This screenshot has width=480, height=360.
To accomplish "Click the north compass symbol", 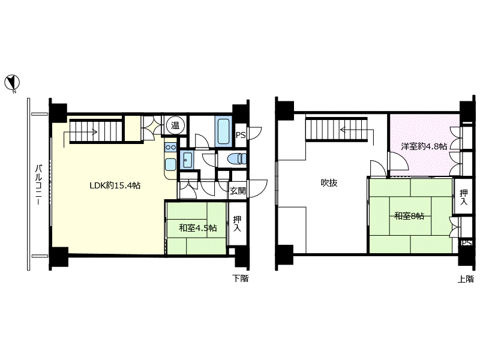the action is click(x=12, y=83).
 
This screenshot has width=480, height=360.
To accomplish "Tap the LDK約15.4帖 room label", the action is click(x=115, y=185).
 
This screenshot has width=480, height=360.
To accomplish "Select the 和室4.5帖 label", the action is click(x=198, y=228).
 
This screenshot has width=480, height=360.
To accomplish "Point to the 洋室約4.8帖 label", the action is click(x=424, y=146).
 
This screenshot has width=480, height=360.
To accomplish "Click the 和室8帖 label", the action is click(x=409, y=216).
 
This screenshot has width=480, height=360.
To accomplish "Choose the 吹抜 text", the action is click(x=329, y=183).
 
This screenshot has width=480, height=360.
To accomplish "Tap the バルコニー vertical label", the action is click(x=38, y=184).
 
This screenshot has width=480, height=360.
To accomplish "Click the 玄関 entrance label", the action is click(x=238, y=191).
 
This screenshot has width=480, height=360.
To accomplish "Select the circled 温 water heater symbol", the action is click(x=175, y=125).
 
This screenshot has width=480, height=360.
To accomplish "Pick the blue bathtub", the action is click(x=223, y=131).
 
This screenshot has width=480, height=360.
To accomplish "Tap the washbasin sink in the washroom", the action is click(x=187, y=160).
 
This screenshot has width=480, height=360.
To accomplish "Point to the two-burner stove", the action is click(x=170, y=147).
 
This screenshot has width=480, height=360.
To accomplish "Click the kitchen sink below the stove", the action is click(x=170, y=164).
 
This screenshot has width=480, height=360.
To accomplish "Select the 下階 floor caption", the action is click(x=241, y=278).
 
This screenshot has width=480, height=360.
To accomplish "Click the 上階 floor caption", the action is click(x=466, y=279).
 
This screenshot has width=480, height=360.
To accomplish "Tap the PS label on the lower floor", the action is click(x=241, y=135).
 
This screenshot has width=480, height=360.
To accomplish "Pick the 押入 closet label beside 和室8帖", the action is click(x=463, y=197).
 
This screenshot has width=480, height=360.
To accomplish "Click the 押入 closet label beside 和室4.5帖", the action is click(x=237, y=223).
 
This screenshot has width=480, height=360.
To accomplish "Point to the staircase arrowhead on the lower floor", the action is click(x=95, y=132).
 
